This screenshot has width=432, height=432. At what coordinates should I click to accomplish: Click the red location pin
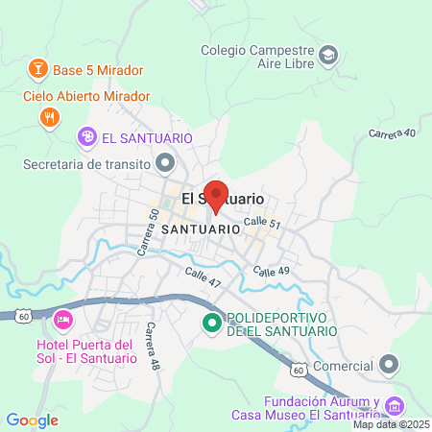point(216,195)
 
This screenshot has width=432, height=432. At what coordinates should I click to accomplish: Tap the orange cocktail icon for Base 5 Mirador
point(36,69)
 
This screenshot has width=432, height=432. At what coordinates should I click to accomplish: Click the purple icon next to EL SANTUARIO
point(88,137)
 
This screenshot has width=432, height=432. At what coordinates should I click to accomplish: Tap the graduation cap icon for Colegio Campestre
point(328,54)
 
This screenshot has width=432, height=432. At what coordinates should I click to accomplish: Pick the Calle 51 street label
point(261,223)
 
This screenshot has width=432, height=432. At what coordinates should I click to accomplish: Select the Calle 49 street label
point(272,273)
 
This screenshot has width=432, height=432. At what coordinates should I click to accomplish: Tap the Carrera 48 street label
point(152,347)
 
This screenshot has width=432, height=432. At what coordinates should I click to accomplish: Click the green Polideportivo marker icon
point(212,324)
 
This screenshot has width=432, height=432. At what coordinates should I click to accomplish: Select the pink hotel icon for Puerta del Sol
point(63,318)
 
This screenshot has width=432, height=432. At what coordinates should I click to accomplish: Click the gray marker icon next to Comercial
point(388,364)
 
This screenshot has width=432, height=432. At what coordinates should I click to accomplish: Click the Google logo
point(32,420)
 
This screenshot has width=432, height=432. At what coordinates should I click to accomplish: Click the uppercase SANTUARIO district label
point(201,230)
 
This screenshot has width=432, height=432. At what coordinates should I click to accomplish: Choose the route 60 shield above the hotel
point(22,314)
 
